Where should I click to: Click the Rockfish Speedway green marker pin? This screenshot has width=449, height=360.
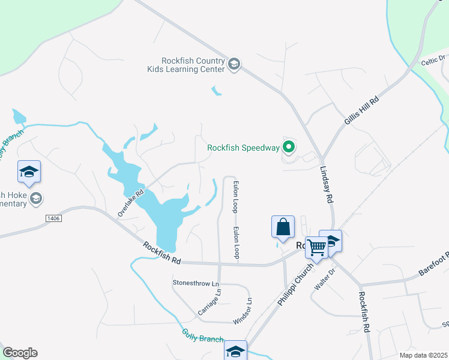coord(289,146)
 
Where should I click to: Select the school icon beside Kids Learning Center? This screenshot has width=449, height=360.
coord(234,64)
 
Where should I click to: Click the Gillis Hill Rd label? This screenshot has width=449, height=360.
coord(361,110)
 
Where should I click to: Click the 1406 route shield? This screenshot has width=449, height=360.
coord(53,218)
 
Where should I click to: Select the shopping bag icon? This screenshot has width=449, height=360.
coord(283,228)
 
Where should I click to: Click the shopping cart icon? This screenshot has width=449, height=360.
coord(316,246)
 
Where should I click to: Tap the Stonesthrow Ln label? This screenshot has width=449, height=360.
coord(196,282)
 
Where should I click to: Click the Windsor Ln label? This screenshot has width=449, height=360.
coord(243,311)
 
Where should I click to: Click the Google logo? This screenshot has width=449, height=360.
coord(20,353)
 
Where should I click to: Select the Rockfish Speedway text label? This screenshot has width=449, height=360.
coord(243,148)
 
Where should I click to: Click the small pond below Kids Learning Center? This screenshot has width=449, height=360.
coord(215,92)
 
